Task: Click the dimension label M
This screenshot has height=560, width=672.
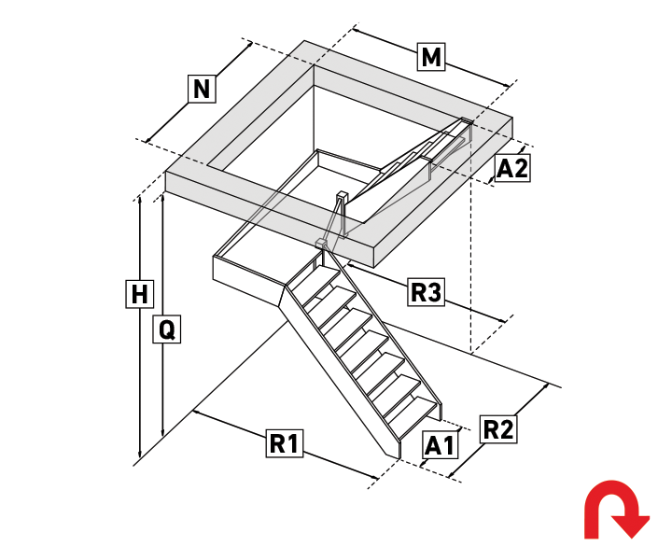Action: [x=431, y=57]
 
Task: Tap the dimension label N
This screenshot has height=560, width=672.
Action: [x=202, y=89]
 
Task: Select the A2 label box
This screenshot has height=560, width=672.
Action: [x=512, y=168]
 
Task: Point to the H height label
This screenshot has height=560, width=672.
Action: [x=140, y=294]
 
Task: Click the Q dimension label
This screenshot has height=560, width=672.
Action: [x=167, y=329]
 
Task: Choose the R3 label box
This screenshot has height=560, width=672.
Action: [x=426, y=292]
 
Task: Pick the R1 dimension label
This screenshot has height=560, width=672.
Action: [x=285, y=443]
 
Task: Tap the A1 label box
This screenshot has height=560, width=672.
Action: [x=439, y=445]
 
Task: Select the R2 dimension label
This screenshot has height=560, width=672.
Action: [x=498, y=429]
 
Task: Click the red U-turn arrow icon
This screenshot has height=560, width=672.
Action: [x=616, y=510]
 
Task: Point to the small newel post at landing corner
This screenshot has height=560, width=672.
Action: [x=321, y=245]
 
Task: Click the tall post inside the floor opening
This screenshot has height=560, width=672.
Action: [x=342, y=215]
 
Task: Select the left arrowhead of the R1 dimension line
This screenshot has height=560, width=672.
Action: [x=196, y=413]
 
